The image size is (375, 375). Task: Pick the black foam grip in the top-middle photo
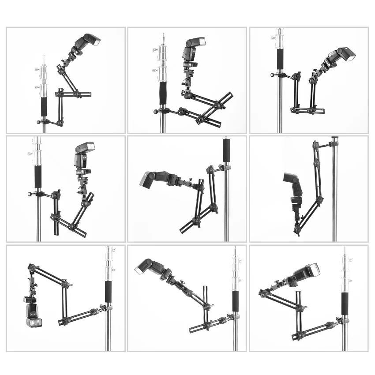coord(163,93)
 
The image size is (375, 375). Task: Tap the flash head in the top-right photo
coord(341,55)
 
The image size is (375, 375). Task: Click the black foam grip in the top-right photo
coord(280,59)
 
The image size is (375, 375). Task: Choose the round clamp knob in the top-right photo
coord(273,75)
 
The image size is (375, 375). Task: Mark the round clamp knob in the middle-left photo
coord(30,193)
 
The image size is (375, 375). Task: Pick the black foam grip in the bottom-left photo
coord(108,292)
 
